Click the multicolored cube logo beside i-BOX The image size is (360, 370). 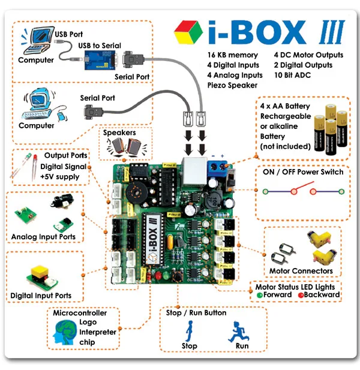pyautogui.click(x=188, y=32)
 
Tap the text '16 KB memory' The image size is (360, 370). pyautogui.click(x=233, y=55)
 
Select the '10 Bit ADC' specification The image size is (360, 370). pyautogui.click(x=292, y=75)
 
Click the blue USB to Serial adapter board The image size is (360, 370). pyautogui.click(x=100, y=60)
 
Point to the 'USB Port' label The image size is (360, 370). pyautogui.click(x=68, y=34)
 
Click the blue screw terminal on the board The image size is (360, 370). pyautogui.click(x=217, y=167)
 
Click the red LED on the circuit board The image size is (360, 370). pyautogui.click(x=158, y=275)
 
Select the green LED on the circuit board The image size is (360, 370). pyautogui.click(x=166, y=275)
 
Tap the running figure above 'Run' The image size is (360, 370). pyautogui.click(x=239, y=332)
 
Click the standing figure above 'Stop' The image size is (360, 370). pyautogui.click(x=190, y=331)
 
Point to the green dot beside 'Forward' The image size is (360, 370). pyautogui.click(x=260, y=295)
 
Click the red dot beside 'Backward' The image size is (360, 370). pyautogui.click(x=301, y=295)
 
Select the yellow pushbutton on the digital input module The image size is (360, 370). pyautogui.click(x=39, y=270)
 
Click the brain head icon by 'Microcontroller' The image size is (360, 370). pyautogui.click(x=65, y=332)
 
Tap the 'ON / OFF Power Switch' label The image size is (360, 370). pyautogui.click(x=303, y=172)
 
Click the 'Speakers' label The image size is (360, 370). pyautogui.click(x=119, y=133)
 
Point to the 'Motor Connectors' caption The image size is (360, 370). pyautogui.click(x=301, y=271)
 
